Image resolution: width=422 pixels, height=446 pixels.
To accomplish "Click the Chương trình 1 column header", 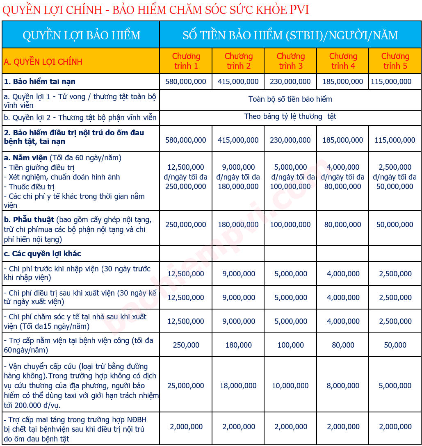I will [186, 61].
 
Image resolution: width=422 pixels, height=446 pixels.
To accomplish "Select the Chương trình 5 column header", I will [395, 61].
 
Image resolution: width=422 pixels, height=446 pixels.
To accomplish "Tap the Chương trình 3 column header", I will [290, 61].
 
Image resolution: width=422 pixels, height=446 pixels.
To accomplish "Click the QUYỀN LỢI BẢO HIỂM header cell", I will [81, 35].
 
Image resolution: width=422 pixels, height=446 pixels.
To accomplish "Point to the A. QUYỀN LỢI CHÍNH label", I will [43, 62].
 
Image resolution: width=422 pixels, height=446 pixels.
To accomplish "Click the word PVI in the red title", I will [299, 9].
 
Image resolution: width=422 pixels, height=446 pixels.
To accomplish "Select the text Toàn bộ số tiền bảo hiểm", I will [290, 99].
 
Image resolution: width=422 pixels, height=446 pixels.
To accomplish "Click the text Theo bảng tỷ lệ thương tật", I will [290, 116].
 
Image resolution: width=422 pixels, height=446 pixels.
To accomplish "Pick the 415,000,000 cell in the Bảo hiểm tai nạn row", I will [238, 82].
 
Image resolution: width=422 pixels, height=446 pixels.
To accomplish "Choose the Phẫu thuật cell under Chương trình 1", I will [186, 225].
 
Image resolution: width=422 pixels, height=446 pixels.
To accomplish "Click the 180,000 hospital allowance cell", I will [238, 345].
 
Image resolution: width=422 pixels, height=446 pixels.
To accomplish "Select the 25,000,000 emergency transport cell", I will [186, 386].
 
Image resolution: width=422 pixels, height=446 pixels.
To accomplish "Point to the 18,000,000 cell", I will [238, 386].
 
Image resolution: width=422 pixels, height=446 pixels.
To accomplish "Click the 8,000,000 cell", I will [343, 386].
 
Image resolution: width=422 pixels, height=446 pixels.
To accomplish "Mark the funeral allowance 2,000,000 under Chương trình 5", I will [395, 427].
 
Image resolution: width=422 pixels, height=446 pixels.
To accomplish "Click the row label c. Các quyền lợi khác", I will [42, 254].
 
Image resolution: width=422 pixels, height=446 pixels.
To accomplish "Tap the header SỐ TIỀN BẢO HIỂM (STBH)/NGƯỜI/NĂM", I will [290, 35].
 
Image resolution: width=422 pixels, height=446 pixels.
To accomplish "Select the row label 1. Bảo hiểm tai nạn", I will [40, 82].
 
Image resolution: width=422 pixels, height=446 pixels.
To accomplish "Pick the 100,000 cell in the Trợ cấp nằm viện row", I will [290, 345].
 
